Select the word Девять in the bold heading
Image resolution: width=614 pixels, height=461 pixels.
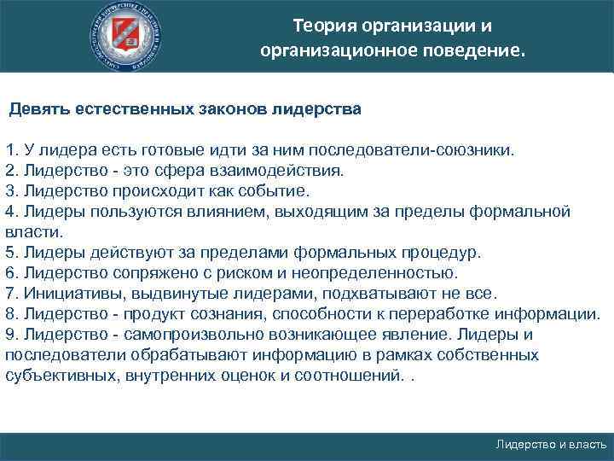[38, 110]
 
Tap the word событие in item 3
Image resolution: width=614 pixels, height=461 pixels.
[279, 190]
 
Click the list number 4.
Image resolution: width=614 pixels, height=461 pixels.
[10, 211]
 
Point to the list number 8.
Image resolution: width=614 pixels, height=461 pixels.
[10, 314]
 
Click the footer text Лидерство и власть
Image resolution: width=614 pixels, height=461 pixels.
[552, 445]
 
